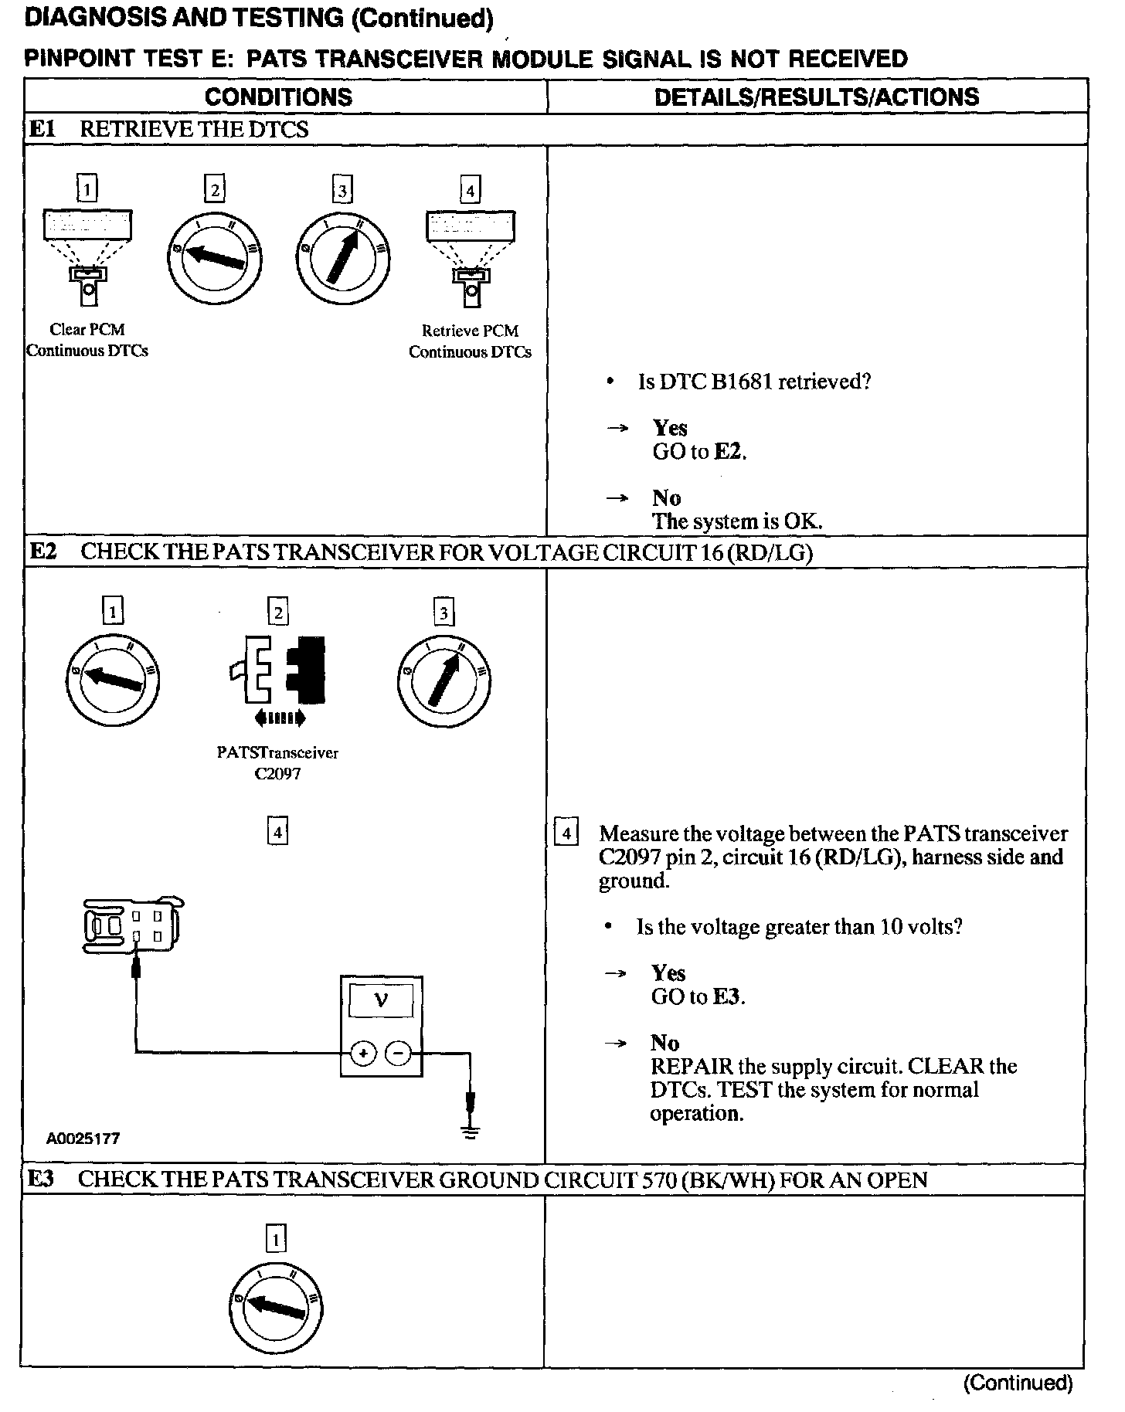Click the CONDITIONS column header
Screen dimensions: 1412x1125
pos(278,97)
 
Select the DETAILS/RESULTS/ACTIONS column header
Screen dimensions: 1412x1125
pos(816,97)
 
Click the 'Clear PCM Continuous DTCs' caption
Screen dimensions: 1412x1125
pos(87,340)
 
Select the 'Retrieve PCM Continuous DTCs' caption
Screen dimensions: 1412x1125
pos(470,341)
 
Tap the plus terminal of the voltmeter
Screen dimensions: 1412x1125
pos(363,1053)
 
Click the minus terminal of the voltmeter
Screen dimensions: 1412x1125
pos(398,1053)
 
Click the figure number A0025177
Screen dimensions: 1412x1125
pos(83,1139)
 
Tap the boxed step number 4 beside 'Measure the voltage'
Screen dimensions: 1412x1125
pos(566,833)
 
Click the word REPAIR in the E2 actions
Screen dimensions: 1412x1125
pos(691,1067)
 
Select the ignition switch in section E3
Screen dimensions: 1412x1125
pos(276,1312)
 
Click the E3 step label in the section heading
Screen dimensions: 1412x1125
pos(41,1179)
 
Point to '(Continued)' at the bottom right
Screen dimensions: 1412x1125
pos(1018,1383)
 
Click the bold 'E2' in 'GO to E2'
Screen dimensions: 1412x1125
pos(728,452)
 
